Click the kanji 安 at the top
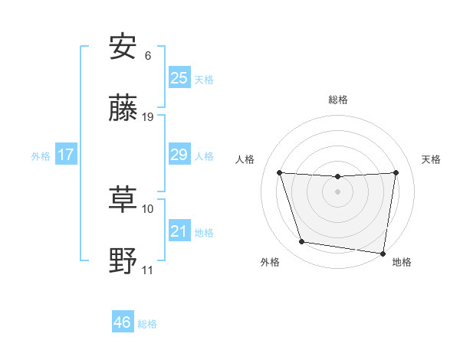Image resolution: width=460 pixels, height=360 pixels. pyautogui.click(x=123, y=47)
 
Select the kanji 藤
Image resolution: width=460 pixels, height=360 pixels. pyautogui.click(x=123, y=110)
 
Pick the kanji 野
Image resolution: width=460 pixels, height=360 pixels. pyautogui.click(x=123, y=262)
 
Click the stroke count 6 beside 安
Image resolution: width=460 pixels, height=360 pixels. pyautogui.click(x=148, y=55)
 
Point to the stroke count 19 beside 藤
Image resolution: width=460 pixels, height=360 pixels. pyautogui.click(x=149, y=117)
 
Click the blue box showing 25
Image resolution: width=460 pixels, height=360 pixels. pyautogui.click(x=179, y=77)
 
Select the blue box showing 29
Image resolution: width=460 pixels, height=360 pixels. pyautogui.click(x=179, y=155)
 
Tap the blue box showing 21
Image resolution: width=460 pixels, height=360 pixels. pyautogui.click(x=179, y=231)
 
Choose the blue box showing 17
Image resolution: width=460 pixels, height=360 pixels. pyautogui.click(x=66, y=155)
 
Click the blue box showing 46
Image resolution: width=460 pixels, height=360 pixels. pyautogui.click(x=123, y=322)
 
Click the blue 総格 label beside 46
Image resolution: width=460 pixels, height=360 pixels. pyautogui.click(x=147, y=324)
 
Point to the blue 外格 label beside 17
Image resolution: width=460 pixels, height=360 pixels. pyautogui.click(x=41, y=156)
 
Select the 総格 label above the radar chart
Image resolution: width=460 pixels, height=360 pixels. pyautogui.click(x=338, y=100)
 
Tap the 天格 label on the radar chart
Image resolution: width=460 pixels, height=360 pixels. pyautogui.click(x=431, y=159)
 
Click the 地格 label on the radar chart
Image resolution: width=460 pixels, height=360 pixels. pyautogui.click(x=402, y=262)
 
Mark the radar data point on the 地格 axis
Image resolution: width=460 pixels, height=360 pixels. pyautogui.click(x=383, y=253)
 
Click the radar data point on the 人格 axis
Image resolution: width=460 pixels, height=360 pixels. pyautogui.click(x=279, y=172)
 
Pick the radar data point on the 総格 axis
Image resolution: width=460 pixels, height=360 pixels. pyautogui.click(x=337, y=177)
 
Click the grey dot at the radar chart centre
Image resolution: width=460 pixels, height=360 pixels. pyautogui.click(x=337, y=191)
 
